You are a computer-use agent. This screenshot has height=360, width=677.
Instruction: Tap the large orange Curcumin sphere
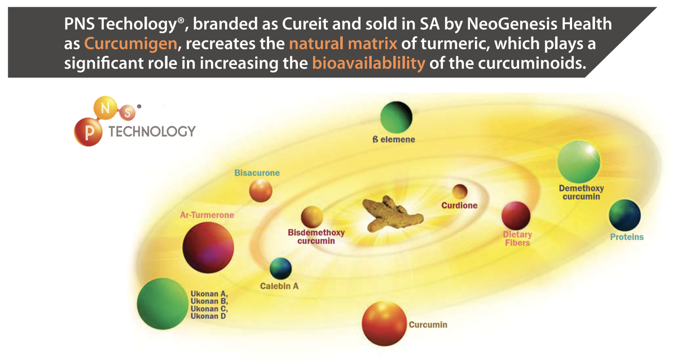pos(384,323)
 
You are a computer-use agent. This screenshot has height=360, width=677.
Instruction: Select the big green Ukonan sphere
pos(162,304)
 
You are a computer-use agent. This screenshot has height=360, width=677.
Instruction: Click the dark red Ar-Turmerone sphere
pos(208,248)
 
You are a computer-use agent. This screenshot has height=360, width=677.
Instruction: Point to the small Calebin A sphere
pos(280,269)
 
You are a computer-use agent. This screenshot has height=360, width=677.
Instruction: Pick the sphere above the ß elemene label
pos(396,117)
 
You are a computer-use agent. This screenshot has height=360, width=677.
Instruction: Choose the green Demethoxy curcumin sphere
pos(579,162)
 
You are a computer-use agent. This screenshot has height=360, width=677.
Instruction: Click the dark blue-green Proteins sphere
pos(625,215)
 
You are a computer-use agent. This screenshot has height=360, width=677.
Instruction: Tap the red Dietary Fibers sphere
pos(516,216)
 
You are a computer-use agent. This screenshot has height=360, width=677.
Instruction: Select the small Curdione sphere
pos(460,192)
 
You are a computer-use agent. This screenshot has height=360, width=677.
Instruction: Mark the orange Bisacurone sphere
pos(261,190)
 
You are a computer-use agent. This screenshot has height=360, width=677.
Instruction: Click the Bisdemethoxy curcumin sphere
pos(312,217)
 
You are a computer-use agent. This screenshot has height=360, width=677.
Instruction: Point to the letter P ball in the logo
pos(88,132)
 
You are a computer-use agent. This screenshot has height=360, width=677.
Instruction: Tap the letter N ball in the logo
pos(105,108)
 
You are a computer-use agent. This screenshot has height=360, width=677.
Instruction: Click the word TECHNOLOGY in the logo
pos(152,131)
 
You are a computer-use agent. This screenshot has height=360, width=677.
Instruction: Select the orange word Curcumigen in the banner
pos(130,43)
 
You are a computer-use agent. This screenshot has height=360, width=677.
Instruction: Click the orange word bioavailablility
pos(368,63)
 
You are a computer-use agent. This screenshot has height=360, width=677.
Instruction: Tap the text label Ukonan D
pos(208,316)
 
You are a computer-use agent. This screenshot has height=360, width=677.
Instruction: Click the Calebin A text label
pos(279,286)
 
